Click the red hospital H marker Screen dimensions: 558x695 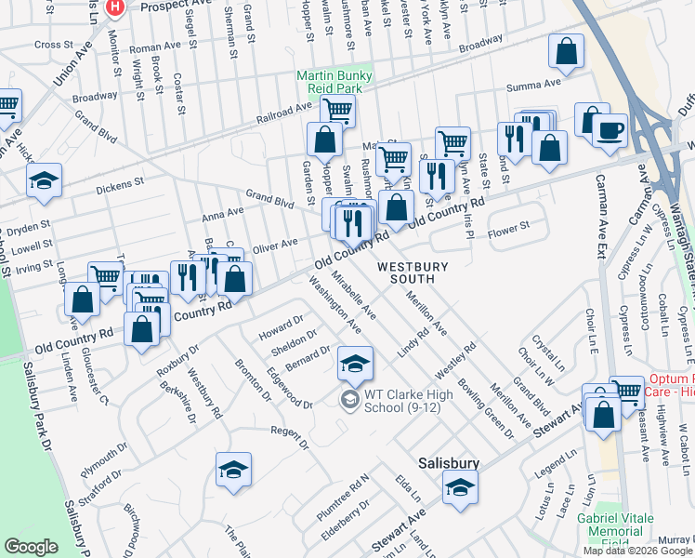click(x=114, y=7)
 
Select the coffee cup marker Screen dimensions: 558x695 click(x=610, y=130)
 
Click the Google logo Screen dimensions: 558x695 click(x=32, y=547)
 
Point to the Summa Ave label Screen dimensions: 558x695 click(x=533, y=85)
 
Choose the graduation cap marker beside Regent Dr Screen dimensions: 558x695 click(x=233, y=470)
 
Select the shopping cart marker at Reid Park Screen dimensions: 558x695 click(x=337, y=111)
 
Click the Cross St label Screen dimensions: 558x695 click(x=53, y=45)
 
